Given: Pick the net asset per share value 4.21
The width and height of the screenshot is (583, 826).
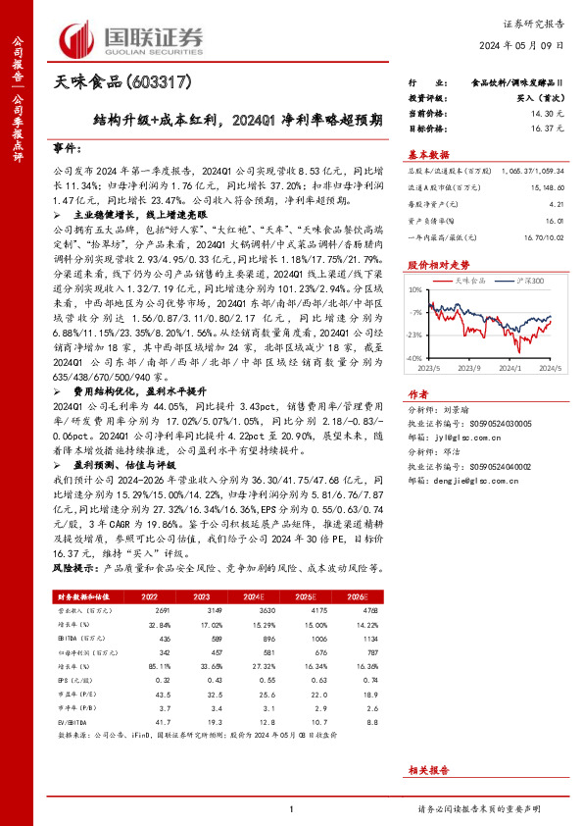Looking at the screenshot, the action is (559, 205).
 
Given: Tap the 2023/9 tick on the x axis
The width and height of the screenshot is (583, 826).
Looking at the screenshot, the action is (470, 368).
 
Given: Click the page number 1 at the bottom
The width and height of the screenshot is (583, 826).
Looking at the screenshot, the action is (292, 809).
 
